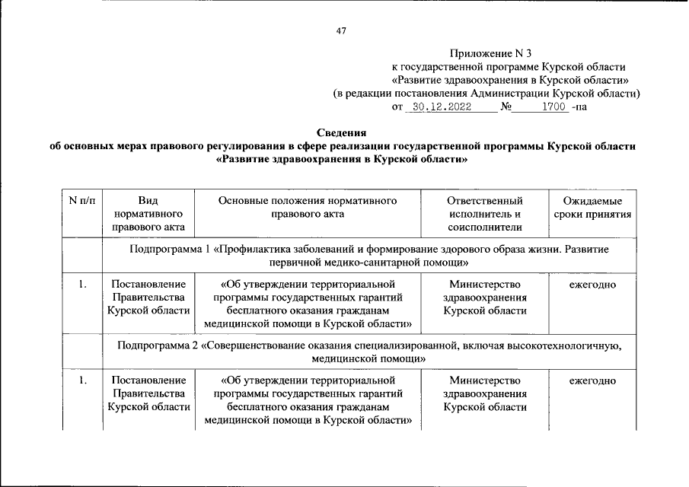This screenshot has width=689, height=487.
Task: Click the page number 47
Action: pos(341,30)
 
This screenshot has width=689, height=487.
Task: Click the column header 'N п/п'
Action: pos(81,201)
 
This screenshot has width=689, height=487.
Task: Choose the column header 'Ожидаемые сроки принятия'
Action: pos(592,208)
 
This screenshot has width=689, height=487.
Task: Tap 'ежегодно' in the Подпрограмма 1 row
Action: pos(592,285)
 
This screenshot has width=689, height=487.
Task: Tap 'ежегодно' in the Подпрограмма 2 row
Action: pos(592,380)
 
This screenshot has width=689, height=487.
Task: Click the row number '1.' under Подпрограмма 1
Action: pos(81,285)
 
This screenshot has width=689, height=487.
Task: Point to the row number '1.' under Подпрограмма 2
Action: pos(81,380)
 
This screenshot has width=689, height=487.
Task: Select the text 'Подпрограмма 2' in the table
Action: pos(156,345)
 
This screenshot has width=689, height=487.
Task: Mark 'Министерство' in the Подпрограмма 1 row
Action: pos(485,285)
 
